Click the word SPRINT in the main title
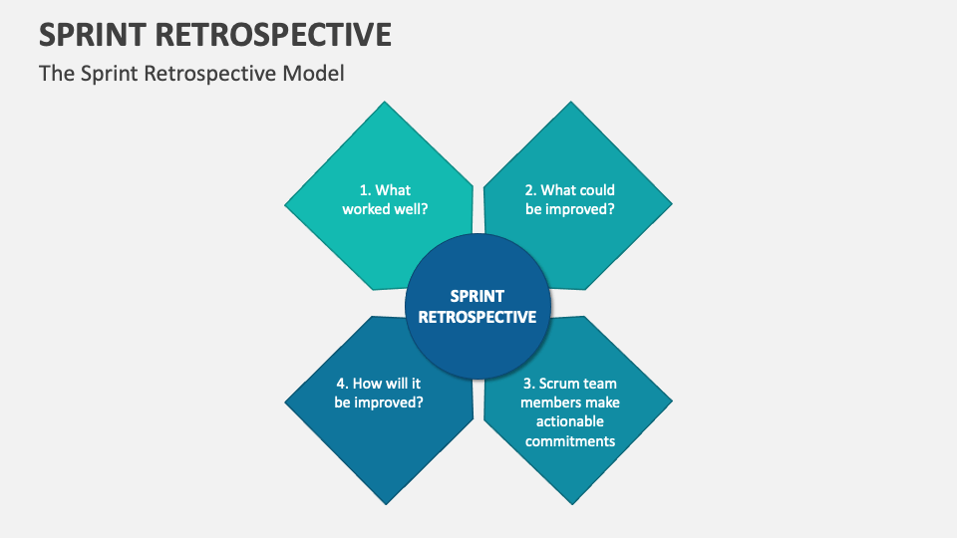pos(93,34)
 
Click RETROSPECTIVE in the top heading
pos(273,34)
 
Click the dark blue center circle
pos(478,306)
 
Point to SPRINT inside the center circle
pos(478,296)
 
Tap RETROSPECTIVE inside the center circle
pos(478,317)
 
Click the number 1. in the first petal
pos(366,190)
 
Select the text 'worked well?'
pos(385,209)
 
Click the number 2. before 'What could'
pos(531,190)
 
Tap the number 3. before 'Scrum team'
pos(529,384)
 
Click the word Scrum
pos(556,384)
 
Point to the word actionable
pos(570,421)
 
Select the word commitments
pos(570,441)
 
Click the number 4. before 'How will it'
pos(343,384)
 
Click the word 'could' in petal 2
pos(597,190)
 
